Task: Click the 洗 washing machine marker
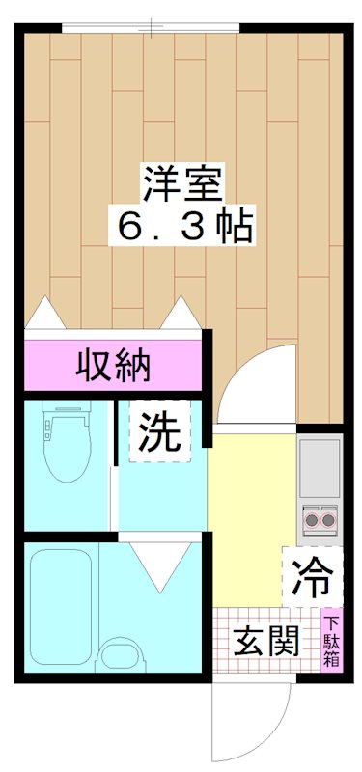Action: [160, 433]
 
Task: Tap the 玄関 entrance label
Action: [265, 640]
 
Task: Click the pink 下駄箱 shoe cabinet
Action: [331, 641]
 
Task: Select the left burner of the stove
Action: [312, 522]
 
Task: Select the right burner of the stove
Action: [329, 522]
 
